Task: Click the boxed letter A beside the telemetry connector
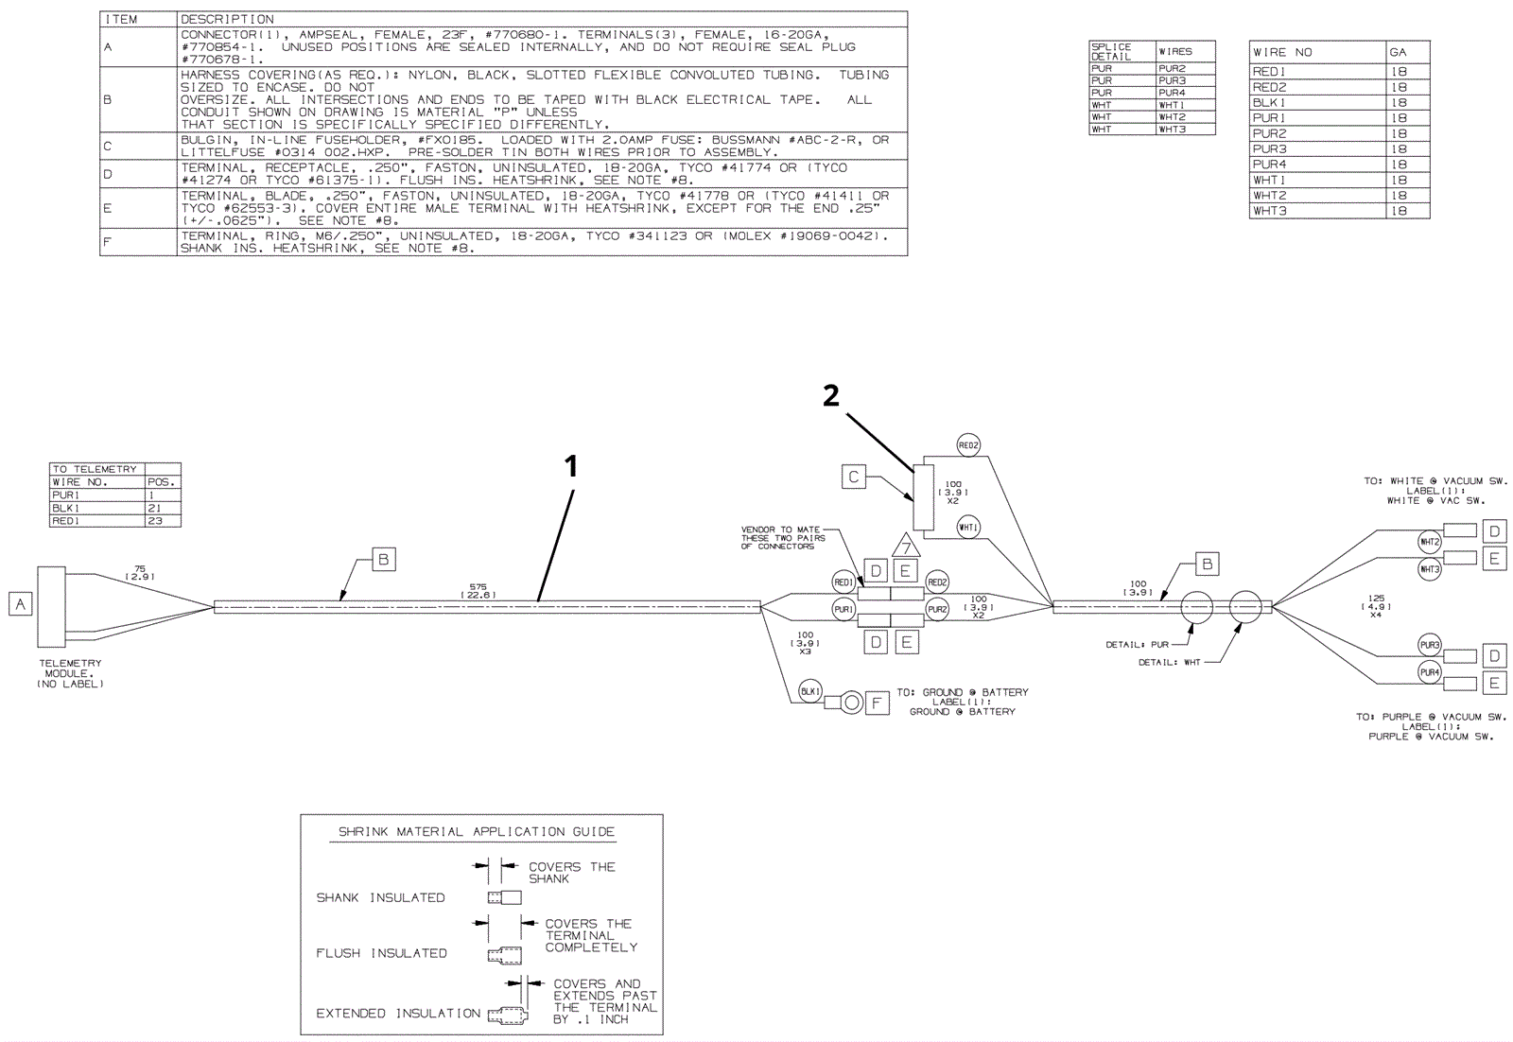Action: (20, 603)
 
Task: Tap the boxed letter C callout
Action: (853, 478)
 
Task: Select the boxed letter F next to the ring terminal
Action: (877, 703)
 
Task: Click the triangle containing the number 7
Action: (906, 547)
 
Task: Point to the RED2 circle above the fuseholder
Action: (968, 445)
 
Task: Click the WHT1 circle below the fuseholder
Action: (968, 528)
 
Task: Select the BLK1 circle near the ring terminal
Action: (810, 692)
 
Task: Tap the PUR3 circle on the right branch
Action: (1429, 646)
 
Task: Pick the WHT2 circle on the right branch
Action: (1429, 542)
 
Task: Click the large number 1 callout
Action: (570, 465)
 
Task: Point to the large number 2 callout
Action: (830, 396)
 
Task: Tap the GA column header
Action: (1398, 53)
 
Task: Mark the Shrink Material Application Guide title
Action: (477, 832)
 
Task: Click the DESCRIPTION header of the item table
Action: (227, 19)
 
